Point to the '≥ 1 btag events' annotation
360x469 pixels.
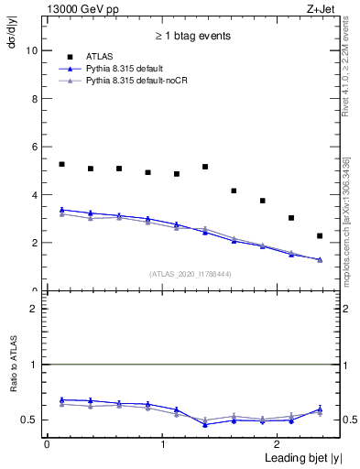[192, 37]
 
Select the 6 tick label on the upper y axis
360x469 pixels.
[34, 147]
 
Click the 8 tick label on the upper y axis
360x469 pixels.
[34, 99]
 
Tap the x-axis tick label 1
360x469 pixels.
[162, 444]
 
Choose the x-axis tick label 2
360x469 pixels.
[279, 444]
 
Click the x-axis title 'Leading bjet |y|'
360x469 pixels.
[296, 457]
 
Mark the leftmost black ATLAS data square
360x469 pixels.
[61, 164]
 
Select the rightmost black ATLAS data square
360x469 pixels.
[320, 236]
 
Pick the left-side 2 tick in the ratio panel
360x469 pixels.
[34, 309]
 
